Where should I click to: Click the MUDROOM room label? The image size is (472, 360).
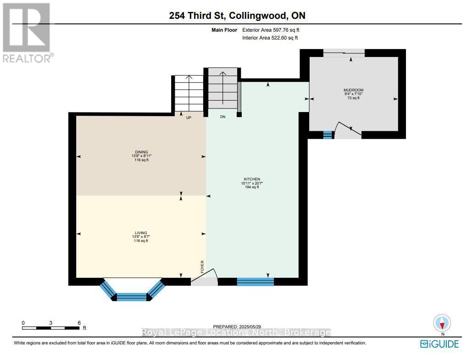tap(353, 90)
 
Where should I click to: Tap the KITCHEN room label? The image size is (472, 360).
tap(252, 179)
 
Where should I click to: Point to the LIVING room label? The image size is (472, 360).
tap(141, 233)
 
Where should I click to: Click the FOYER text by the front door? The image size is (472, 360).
tap(202, 267)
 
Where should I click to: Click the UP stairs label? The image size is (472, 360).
tap(189, 117)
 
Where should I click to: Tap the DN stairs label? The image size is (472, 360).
tap(223, 117)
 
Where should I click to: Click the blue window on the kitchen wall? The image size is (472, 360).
tap(255, 281)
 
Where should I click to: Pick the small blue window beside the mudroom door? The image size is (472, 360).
tap(327, 135)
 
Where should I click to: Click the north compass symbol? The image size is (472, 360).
tap(442, 323)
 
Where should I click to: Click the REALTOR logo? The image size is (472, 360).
tap(27, 32)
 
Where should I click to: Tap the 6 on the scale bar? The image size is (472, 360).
tap(79, 323)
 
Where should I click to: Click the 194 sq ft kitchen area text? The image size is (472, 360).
tap(252, 187)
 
